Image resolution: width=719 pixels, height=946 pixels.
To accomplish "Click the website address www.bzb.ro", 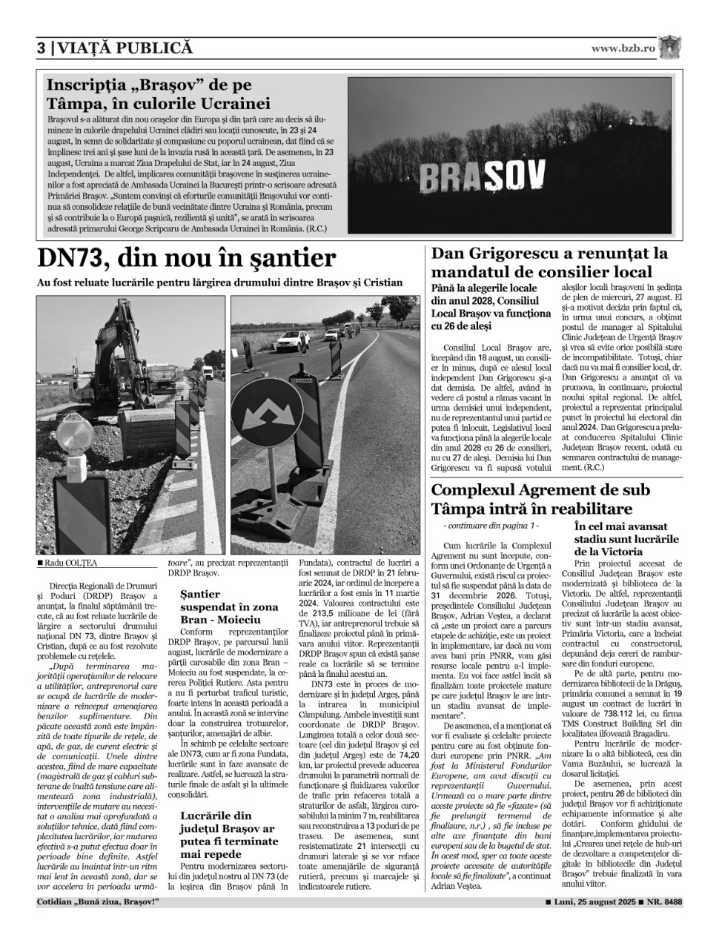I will (x=623, y=48).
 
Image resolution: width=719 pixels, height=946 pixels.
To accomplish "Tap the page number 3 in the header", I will (x=42, y=48).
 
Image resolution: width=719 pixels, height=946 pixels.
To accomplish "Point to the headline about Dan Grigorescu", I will (x=549, y=262).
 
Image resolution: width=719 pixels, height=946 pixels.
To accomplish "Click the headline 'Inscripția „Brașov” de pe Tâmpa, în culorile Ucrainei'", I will (x=159, y=94).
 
